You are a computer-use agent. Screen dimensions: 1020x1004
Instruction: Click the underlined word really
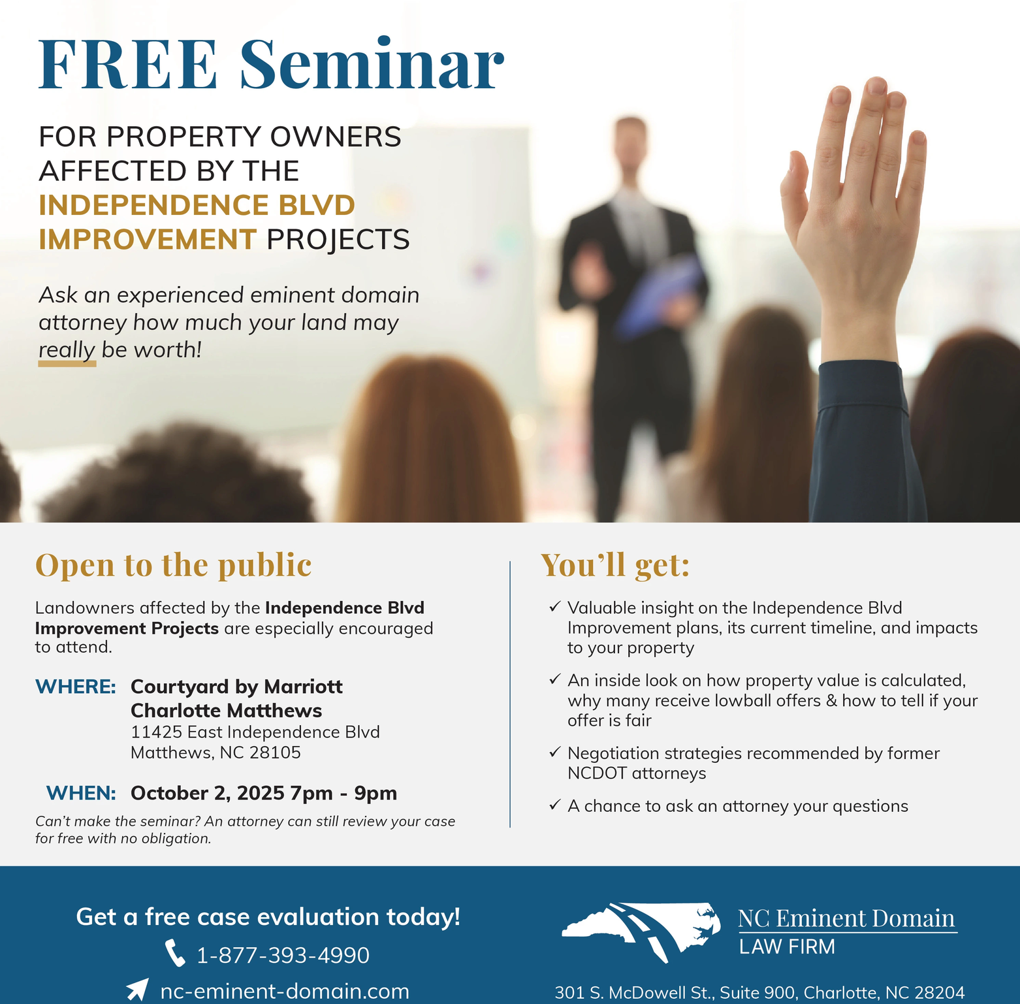pos(67,350)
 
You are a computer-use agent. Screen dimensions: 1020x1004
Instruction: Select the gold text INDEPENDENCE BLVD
pos(197,205)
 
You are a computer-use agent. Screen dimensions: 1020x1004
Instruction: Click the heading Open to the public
pos(174,564)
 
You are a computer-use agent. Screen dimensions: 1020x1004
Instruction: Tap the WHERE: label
pos(76,687)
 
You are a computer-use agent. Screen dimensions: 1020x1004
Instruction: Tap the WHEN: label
pos(81,793)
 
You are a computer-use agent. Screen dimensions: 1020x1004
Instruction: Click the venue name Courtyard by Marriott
pos(236,687)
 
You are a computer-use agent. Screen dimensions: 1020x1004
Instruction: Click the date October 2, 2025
pos(208,793)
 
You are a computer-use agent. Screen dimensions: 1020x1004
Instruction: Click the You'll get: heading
pos(615,565)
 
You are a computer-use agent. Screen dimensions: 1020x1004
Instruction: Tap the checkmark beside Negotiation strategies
pos(554,752)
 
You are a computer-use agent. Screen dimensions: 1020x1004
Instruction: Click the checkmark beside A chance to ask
pos(554,805)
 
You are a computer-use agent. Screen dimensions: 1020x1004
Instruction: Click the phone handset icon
pos(175,953)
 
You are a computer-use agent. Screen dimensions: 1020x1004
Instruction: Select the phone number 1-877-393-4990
pos(283,955)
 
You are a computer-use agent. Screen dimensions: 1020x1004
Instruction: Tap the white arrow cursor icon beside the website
pos(137,989)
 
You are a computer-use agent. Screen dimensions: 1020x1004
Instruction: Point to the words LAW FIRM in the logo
pos(787,947)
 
